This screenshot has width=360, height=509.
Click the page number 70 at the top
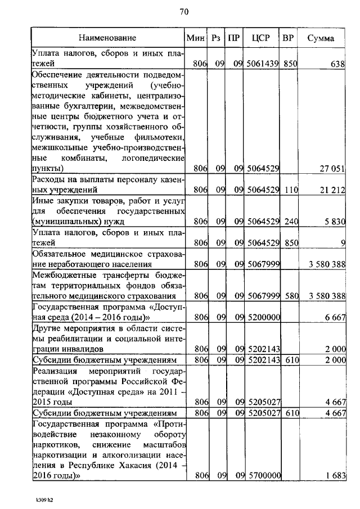coord(183,12)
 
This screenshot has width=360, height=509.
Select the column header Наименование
coord(107,38)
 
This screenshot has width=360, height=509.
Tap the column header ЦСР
coord(262,38)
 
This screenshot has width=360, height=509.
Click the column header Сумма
coord(321,38)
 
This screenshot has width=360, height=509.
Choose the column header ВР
coord(288,38)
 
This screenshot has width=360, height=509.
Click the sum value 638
coord(337,64)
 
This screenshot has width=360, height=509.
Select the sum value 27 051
coord(332,168)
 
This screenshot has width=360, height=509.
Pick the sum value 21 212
coord(332,190)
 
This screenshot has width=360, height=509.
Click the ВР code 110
coord(290,190)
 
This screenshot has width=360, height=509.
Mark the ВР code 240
coord(290,222)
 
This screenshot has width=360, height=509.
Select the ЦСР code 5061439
coord(263,64)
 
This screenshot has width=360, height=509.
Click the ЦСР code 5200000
coord(263,317)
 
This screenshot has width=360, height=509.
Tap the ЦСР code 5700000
coord(263,476)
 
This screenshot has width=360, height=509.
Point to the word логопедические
coord(154,158)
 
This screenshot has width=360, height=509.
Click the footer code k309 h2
coord(44,499)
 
